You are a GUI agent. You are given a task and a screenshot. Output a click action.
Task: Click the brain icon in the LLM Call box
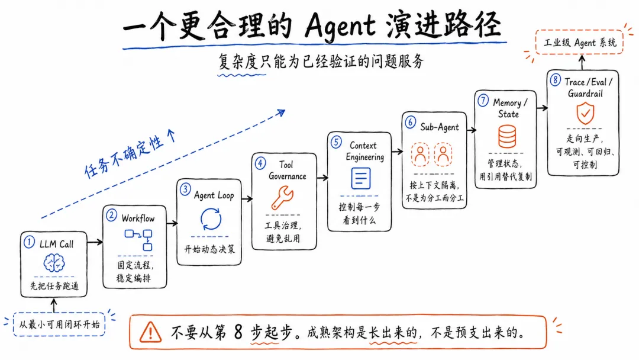(54, 263)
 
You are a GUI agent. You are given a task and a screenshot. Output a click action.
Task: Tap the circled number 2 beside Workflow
(111, 216)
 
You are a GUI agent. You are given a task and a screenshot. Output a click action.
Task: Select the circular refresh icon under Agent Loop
(211, 219)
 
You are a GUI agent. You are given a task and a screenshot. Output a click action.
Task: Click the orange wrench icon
(282, 197)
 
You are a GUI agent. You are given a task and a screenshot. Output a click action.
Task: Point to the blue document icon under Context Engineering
(361, 178)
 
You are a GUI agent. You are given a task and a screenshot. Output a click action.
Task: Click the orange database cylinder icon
(507, 136)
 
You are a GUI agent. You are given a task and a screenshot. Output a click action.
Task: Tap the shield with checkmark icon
(585, 113)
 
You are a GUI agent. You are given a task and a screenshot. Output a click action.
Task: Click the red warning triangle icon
(150, 332)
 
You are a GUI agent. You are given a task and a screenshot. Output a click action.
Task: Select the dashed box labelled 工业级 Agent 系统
(579, 43)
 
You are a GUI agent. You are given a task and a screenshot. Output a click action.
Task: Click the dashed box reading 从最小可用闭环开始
(59, 324)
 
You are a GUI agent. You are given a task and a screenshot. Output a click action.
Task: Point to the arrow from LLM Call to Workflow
(95, 242)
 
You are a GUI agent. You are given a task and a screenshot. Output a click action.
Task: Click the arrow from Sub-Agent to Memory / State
(472, 130)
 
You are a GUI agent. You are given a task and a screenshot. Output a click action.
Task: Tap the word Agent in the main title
(340, 26)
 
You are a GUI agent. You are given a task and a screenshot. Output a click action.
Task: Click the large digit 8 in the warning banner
(238, 332)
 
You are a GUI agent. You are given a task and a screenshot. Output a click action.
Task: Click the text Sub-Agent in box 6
(439, 127)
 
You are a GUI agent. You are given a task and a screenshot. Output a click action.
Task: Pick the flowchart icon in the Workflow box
(138, 240)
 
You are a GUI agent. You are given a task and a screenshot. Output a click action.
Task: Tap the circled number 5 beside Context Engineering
(336, 142)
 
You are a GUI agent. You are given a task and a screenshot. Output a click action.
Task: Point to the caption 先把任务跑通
(54, 286)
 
